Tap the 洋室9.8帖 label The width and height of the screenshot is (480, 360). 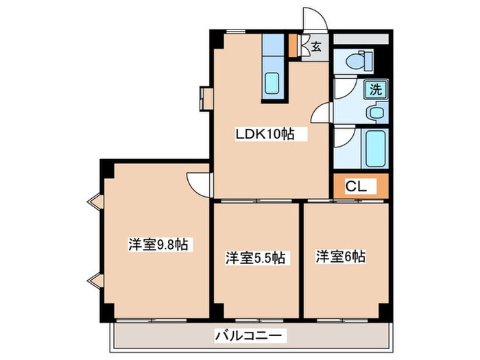click(159, 245)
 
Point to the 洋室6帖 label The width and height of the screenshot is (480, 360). click(341, 256)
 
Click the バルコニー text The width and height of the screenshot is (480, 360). click(250, 337)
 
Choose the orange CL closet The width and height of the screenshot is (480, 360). click(361, 185)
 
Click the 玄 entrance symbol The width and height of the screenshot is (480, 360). click(316, 47)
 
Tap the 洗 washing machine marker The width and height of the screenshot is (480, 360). click(376, 88)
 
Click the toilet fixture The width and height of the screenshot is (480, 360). click(358, 62)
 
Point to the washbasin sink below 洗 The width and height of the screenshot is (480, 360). click(376, 112)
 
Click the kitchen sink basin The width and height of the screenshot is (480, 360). click(273, 84)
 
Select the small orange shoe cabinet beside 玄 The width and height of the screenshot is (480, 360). click(293, 46)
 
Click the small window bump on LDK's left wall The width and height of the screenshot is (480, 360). click(206, 97)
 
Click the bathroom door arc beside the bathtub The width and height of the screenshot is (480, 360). click(345, 139)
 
